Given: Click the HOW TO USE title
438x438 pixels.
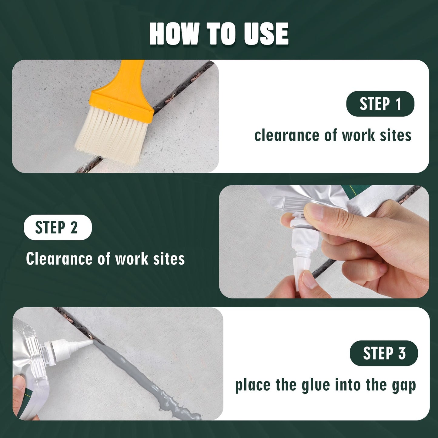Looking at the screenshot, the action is pos(219,34).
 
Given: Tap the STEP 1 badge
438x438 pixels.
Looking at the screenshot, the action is pos(380,104).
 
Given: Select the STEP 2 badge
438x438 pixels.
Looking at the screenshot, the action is pos(58,227).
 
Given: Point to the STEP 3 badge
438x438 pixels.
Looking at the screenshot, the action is pos(384,353).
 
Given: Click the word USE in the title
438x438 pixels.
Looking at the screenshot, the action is pos(266,34).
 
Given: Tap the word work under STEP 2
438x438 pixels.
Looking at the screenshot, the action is pos(132,259).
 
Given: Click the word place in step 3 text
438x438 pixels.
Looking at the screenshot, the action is pos(252,386).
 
